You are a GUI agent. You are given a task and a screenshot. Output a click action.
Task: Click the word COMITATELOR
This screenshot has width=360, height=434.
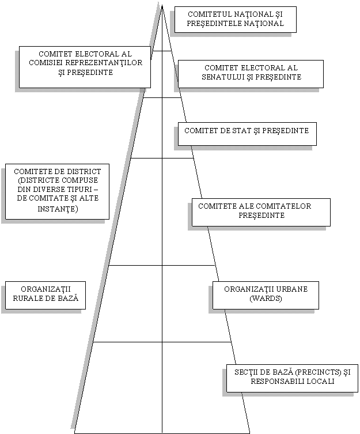tap(283, 206)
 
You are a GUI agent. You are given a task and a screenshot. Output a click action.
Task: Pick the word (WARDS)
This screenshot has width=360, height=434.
tap(266, 299)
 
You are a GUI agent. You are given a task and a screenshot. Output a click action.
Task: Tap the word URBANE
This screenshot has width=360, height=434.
tap(290, 289)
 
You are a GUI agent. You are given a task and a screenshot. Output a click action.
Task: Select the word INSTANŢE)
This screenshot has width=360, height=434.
tap(58, 209)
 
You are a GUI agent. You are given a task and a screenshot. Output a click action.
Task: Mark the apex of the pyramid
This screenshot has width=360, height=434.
tap(162, 3)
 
